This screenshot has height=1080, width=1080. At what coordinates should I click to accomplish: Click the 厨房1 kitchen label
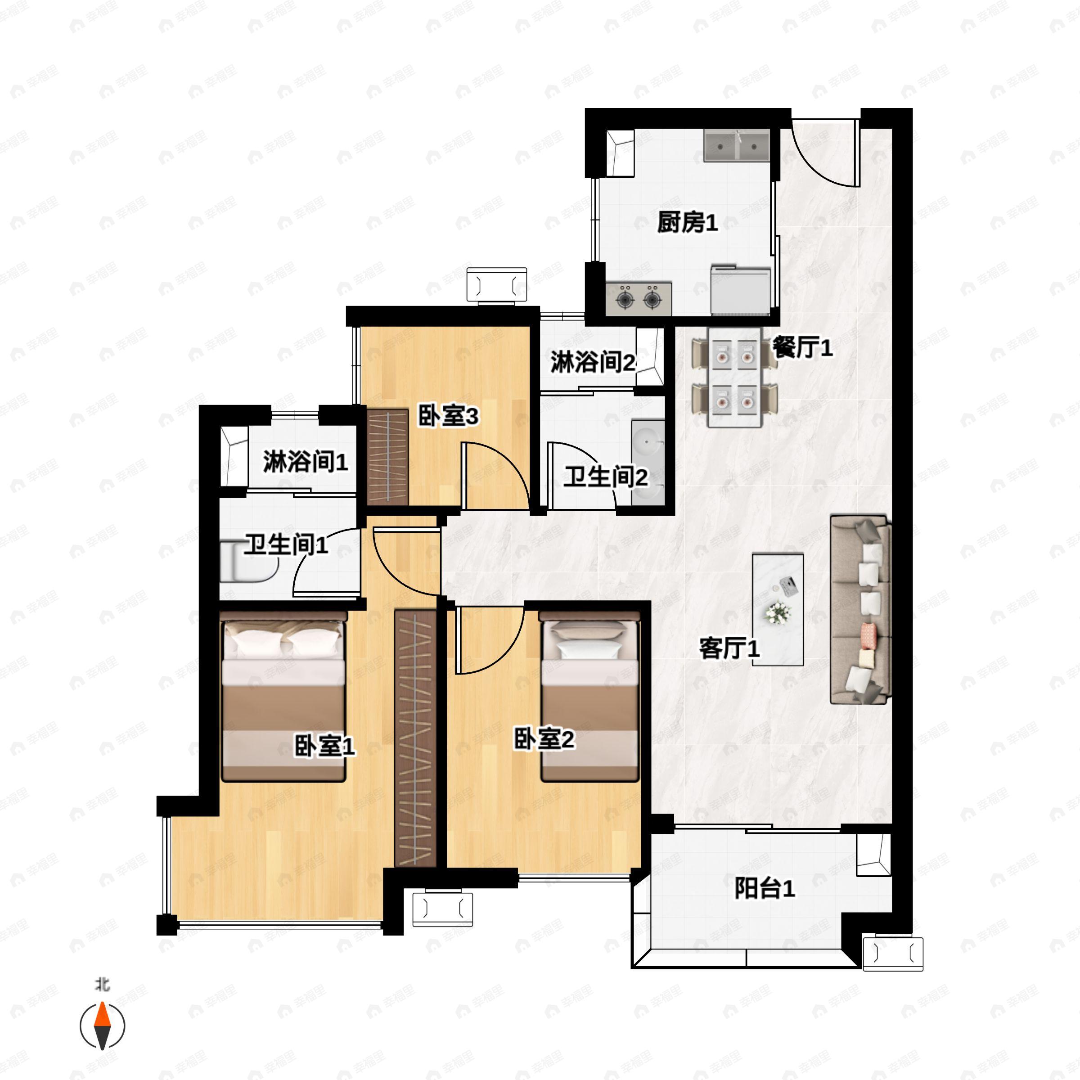point(687,224)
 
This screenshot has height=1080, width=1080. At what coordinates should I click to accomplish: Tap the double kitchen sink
point(737,146)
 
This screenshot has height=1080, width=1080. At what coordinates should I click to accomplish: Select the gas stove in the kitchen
point(639,299)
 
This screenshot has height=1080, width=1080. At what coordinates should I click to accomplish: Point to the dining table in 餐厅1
point(734,378)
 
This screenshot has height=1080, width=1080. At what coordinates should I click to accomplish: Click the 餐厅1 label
point(802,348)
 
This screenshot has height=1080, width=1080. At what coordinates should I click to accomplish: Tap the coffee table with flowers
point(778,609)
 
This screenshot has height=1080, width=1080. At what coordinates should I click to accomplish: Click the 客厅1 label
point(729,648)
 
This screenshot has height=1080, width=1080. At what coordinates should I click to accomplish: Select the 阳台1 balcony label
point(764,888)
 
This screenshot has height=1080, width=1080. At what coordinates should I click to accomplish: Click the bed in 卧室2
point(589,696)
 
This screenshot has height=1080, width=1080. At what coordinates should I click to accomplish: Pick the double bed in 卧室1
point(283,696)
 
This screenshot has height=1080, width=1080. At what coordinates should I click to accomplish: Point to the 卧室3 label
point(448,416)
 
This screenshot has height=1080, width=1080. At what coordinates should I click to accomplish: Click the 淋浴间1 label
point(305,462)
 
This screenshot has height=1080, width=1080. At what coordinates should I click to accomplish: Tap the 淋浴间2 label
point(593,362)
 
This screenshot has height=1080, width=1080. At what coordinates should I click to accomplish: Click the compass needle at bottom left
point(102,1026)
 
